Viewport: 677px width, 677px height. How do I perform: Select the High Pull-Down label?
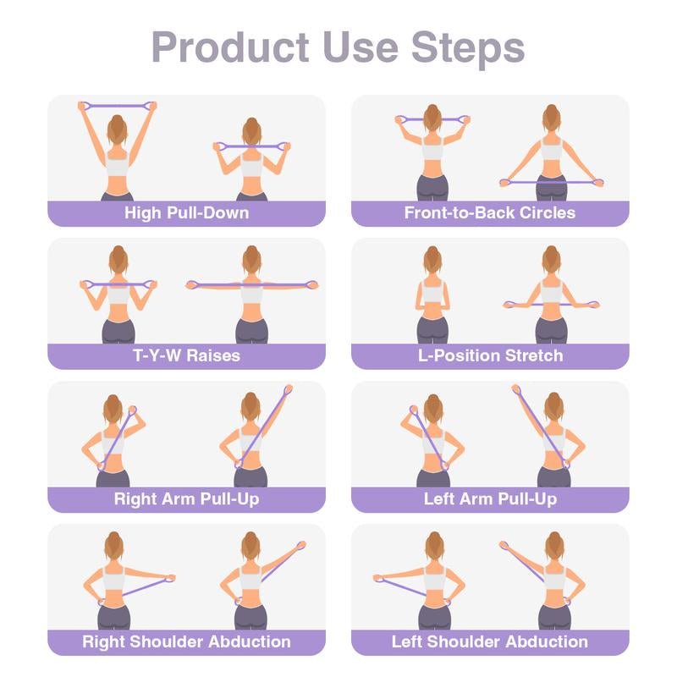[186, 212]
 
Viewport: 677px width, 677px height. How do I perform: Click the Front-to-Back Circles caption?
[489, 212]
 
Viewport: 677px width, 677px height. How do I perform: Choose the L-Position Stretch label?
[490, 355]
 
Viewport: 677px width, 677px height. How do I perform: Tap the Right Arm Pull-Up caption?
[186, 499]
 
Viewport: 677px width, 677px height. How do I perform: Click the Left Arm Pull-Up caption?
[490, 499]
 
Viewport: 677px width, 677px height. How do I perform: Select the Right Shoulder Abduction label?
[186, 641]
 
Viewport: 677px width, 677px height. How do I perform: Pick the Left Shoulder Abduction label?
[489, 641]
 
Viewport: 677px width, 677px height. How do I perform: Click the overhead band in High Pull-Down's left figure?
[118, 106]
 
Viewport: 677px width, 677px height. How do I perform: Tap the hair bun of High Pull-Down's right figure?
[250, 124]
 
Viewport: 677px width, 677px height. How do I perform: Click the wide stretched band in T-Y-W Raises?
[251, 285]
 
